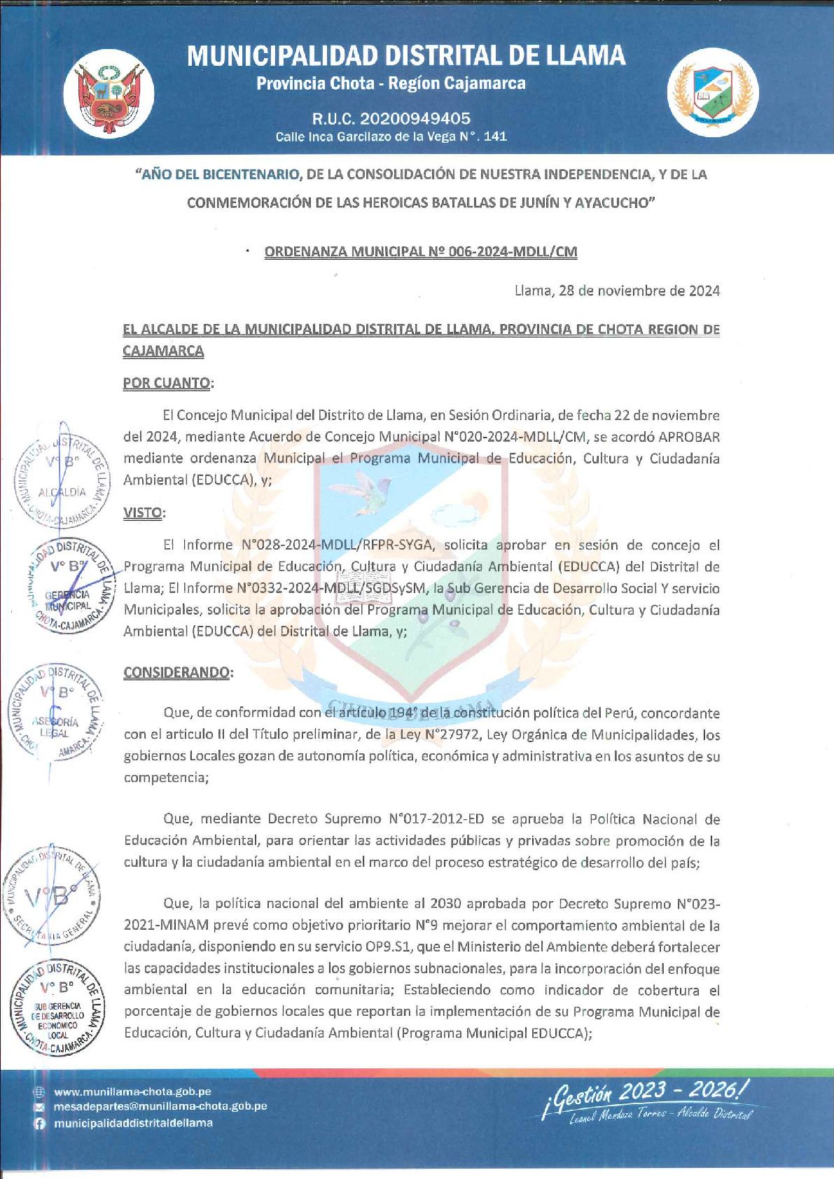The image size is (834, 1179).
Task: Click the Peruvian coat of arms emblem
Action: point(109,93)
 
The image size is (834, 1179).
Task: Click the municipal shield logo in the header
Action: point(713,92)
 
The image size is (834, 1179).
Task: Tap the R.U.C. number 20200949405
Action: point(391,118)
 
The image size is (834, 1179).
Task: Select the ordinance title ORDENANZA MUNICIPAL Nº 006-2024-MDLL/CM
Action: point(421,251)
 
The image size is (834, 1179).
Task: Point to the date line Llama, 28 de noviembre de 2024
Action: point(617,291)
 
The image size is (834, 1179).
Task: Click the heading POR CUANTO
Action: point(167,383)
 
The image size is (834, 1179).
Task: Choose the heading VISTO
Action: point(143,512)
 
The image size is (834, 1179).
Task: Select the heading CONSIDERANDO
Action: point(177,672)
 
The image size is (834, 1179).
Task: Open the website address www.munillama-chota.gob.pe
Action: point(132,1091)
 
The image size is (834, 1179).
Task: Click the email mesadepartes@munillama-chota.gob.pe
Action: point(160,1106)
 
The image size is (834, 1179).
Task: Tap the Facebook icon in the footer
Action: point(40,1123)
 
